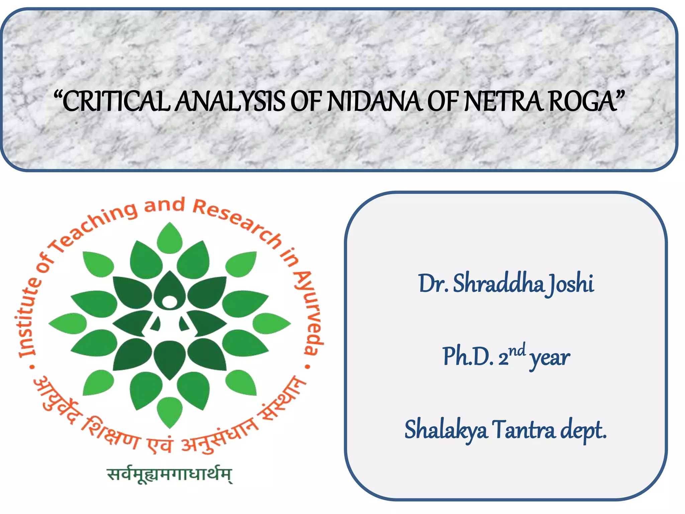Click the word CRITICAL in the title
(x=115, y=101)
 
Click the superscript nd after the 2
(x=517, y=350)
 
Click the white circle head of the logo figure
(x=170, y=302)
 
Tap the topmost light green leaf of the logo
(x=170, y=238)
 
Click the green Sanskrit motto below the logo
(x=169, y=475)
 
